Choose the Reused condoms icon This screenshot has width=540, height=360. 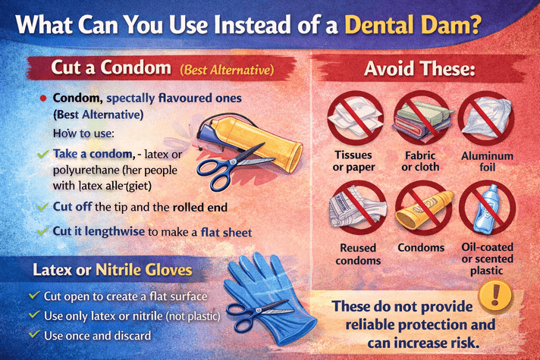pos(353,208)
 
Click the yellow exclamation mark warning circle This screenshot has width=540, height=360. pos(498,293)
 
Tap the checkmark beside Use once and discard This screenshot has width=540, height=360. pos(33,333)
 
